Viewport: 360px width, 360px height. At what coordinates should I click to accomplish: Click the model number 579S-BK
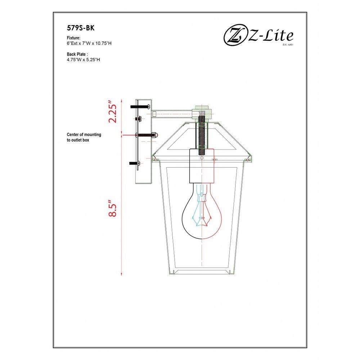(81, 28)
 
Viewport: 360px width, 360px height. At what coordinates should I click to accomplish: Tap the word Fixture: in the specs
(73, 38)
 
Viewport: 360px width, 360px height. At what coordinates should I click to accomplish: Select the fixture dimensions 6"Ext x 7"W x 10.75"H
(89, 43)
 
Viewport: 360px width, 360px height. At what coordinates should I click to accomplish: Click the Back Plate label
(77, 54)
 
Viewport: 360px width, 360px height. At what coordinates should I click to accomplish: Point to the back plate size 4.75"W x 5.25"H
(84, 60)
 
